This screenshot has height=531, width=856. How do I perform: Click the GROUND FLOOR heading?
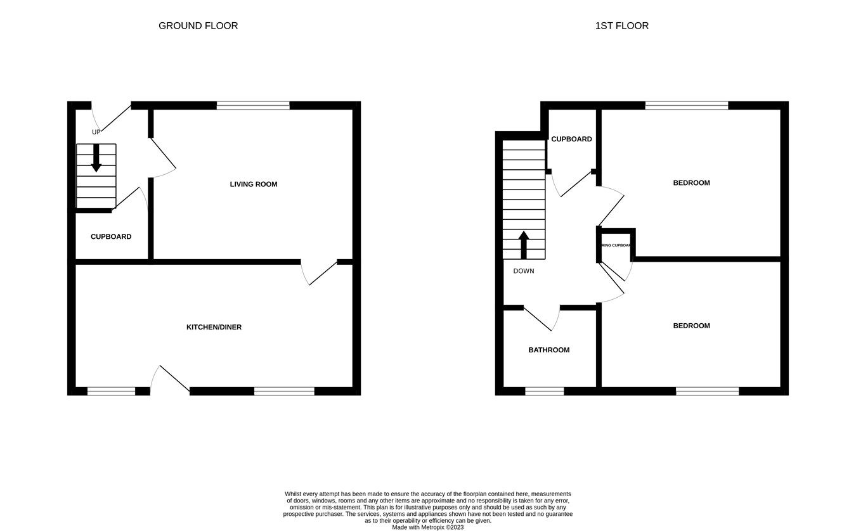(x=198, y=26)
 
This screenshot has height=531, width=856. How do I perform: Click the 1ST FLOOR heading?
(x=621, y=26)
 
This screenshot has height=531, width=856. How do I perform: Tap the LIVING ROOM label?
(x=254, y=184)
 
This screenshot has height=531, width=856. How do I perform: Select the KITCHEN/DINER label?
(x=214, y=328)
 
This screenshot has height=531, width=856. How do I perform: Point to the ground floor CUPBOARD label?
(x=111, y=237)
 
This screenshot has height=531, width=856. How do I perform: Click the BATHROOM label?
(x=549, y=350)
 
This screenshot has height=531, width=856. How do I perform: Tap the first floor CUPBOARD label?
(x=571, y=139)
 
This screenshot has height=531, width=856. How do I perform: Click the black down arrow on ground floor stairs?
(x=96, y=158)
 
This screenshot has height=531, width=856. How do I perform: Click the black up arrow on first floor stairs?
(x=524, y=244)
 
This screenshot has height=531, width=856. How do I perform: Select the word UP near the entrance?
(x=96, y=132)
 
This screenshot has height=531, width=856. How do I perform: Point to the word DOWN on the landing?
(x=524, y=271)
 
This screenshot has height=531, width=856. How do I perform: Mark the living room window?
(x=253, y=105)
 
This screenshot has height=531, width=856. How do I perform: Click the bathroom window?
(x=545, y=391)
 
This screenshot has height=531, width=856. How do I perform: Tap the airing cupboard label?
(x=615, y=245)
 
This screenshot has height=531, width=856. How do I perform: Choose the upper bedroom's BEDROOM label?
(x=691, y=183)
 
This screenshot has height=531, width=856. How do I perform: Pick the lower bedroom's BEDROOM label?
(x=691, y=326)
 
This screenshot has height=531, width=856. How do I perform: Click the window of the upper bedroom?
(x=687, y=105)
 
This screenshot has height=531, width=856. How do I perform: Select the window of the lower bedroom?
(x=707, y=391)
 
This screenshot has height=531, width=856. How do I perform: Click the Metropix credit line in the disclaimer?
(x=428, y=527)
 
